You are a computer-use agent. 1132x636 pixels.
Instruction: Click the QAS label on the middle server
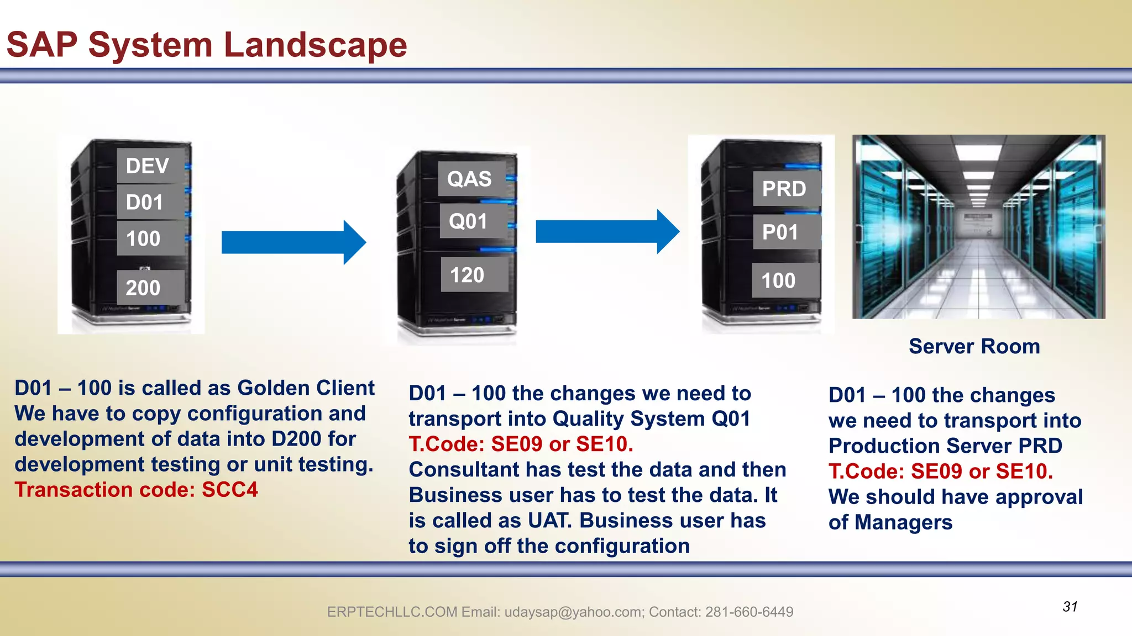coord(471,179)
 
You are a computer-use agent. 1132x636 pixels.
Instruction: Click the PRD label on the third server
coord(786,189)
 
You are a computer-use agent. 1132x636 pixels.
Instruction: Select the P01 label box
coord(786,232)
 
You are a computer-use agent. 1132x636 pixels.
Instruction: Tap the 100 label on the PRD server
coord(785,280)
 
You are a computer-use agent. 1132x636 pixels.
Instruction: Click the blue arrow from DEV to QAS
coord(293,242)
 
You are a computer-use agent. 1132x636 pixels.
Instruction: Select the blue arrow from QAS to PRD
coord(607,231)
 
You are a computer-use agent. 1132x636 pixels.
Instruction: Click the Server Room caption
coord(974,347)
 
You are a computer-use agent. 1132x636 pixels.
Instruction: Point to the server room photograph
coord(978,226)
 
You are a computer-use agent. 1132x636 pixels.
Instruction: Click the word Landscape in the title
coord(316,45)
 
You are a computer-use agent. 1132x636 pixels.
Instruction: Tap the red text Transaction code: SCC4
coord(136,490)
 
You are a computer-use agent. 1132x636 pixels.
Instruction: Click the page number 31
coord(1070,607)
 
